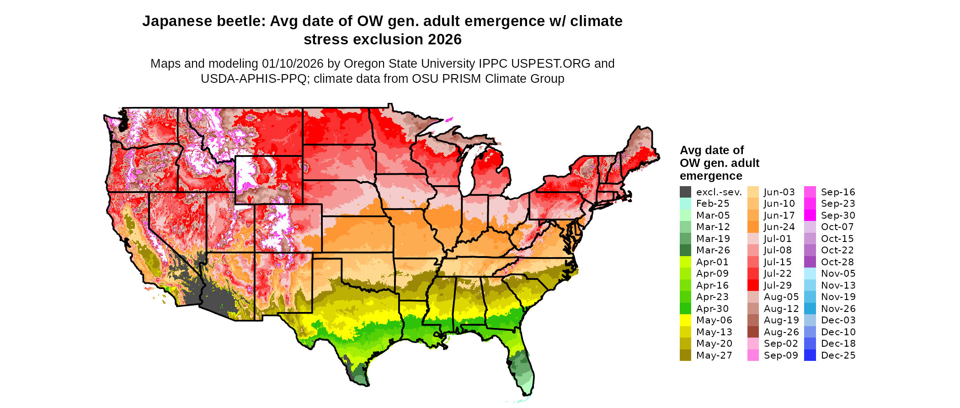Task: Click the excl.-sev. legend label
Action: coord(719,192)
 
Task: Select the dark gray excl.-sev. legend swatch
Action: coord(685,192)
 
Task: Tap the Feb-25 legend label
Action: coord(713,204)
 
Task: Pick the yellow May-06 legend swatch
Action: coord(685,320)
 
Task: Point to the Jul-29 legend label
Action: coord(778,285)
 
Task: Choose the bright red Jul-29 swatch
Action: coord(753,285)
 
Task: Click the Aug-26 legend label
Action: coord(781,332)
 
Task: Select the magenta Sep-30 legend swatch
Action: coord(810,215)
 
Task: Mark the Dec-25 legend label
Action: coord(838,355)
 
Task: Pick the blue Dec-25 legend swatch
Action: coord(810,355)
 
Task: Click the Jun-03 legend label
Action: coord(779,192)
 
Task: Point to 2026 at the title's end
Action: coord(444,40)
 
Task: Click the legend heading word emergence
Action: coord(711,176)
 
